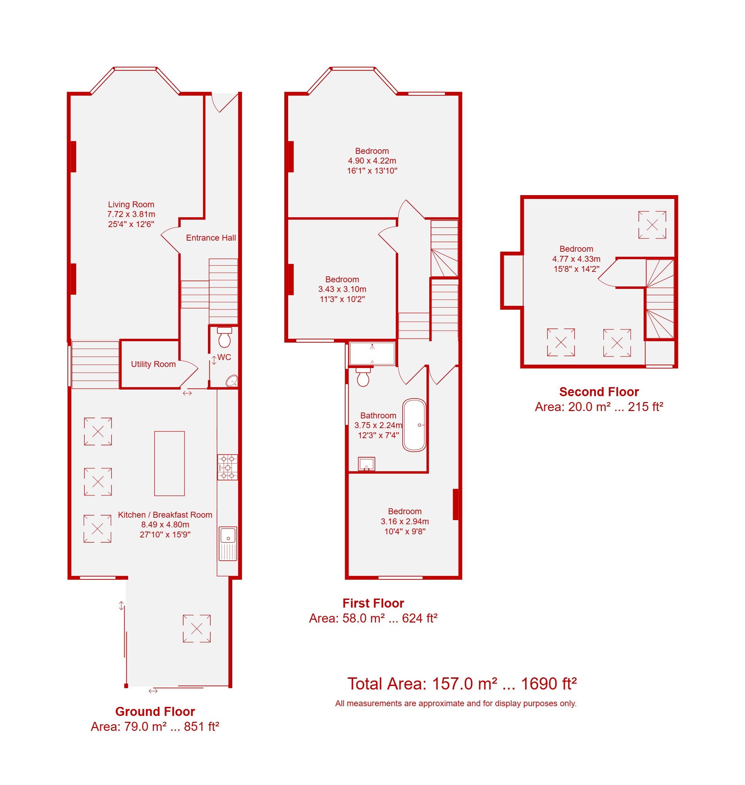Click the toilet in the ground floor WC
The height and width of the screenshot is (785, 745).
[x=224, y=337]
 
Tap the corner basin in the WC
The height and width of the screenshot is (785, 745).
[x=232, y=381]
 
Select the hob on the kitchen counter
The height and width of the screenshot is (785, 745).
[x=227, y=467]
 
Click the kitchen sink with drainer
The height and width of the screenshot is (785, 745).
[x=228, y=544]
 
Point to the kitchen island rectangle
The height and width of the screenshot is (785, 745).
[x=169, y=464]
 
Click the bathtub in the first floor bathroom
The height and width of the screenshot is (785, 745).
[x=414, y=425]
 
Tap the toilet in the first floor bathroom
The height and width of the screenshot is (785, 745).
[x=363, y=377]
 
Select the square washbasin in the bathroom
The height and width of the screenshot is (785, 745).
[x=367, y=464]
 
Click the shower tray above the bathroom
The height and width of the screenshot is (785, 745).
[x=372, y=353]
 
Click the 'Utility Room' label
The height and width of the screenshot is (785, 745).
[x=153, y=364]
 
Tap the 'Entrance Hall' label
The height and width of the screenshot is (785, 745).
[x=211, y=238]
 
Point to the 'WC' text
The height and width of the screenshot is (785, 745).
[x=224, y=357]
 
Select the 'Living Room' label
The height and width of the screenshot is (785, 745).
[x=131, y=204]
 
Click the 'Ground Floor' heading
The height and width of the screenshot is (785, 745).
[x=155, y=711]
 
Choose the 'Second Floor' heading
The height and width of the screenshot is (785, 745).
[x=599, y=392]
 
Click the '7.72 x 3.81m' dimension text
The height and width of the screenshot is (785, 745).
[x=131, y=215]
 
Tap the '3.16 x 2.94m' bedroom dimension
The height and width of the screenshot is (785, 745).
[x=405, y=521]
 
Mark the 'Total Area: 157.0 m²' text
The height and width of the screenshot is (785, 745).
[x=422, y=684]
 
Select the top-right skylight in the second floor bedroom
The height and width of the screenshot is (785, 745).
[x=652, y=225]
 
